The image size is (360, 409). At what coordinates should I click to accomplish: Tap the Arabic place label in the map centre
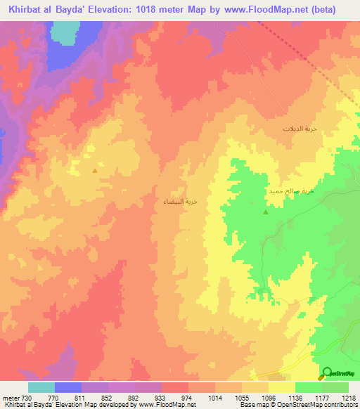(x=181, y=201)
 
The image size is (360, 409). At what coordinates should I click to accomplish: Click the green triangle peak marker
(x=266, y=212)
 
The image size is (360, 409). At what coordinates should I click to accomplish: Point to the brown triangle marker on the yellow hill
(x=95, y=169)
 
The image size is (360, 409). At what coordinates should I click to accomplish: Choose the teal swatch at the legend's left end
(x=41, y=387)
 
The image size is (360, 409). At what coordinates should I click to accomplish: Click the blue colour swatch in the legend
(x=68, y=387)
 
